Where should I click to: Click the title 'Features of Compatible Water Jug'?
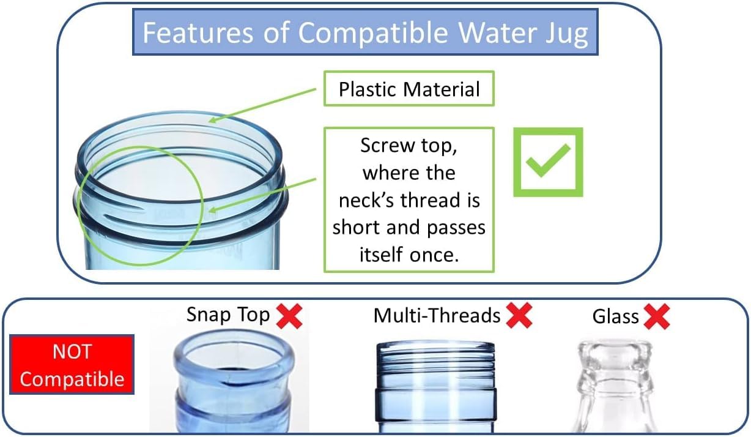(365, 33)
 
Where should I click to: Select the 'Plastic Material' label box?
(409, 89)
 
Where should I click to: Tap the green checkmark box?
(547, 162)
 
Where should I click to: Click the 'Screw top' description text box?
(409, 200)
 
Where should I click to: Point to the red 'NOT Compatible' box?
(72, 365)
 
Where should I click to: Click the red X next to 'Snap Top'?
(289, 316)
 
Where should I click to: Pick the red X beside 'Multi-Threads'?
(519, 316)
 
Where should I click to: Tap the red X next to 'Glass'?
(656, 316)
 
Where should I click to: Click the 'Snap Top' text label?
(228, 315)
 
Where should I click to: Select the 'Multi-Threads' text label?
(437, 316)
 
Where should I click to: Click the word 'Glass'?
(615, 316)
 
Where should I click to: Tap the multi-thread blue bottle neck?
(435, 386)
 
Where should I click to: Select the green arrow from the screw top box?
(263, 195)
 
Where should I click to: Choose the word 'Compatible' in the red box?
(72, 379)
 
